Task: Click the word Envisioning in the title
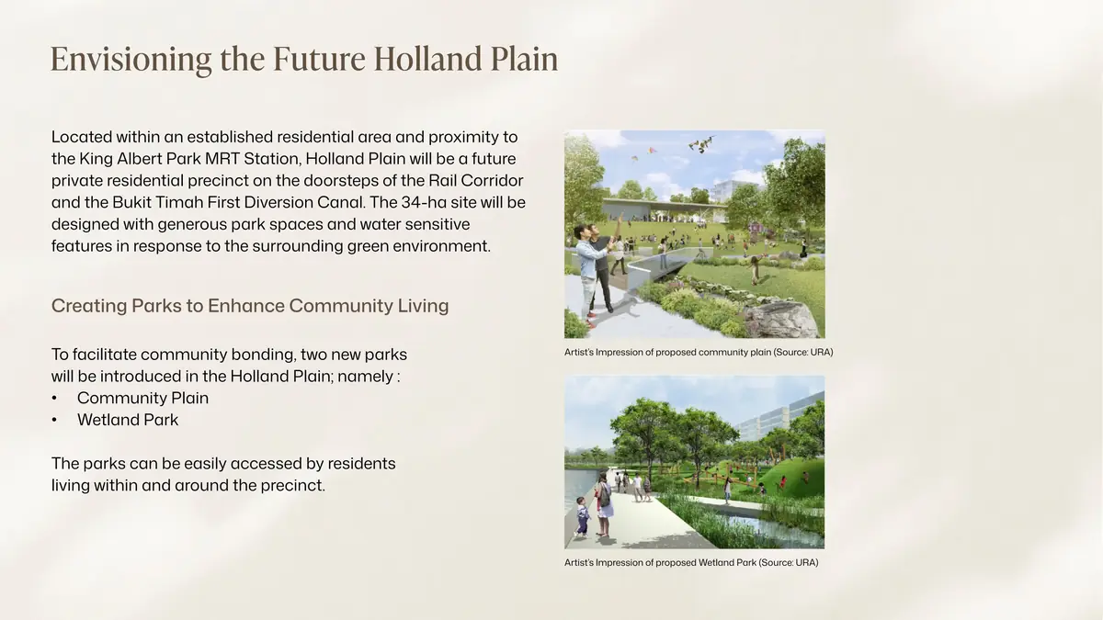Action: point(131,60)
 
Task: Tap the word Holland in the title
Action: point(427,59)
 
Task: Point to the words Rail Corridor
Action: point(476,181)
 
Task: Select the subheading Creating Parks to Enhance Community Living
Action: point(250,306)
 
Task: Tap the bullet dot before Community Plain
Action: point(54,398)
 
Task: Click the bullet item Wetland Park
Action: point(128,420)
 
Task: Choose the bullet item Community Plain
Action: point(142,398)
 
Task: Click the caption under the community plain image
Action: point(699,353)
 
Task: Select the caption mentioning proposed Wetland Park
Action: point(691,562)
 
